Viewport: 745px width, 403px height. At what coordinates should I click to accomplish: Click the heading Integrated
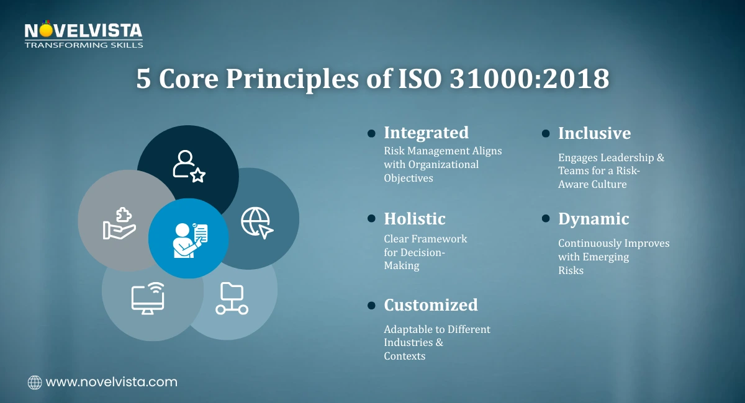[426, 133]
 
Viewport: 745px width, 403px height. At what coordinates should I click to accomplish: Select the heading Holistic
[415, 219]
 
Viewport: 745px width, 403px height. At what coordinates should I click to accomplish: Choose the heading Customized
[431, 305]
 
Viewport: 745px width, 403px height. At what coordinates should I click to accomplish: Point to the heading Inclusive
[594, 133]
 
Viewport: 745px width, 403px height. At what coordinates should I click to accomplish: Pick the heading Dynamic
[594, 219]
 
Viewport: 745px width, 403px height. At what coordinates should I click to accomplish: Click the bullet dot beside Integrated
[371, 133]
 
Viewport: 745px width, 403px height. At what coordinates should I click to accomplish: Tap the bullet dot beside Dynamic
[546, 219]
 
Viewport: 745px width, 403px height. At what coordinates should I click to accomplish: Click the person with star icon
[188, 166]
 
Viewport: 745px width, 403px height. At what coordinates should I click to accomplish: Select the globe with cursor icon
[256, 222]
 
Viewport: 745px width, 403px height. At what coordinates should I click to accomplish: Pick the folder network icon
[232, 298]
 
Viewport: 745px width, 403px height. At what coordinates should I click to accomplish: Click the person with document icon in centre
[189, 239]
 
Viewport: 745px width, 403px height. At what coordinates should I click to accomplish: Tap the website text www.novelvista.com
[112, 382]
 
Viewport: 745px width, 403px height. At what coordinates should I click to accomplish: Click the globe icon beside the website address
[35, 383]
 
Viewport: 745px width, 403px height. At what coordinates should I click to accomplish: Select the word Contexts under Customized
[404, 356]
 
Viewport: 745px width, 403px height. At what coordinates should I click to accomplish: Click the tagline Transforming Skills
[83, 45]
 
